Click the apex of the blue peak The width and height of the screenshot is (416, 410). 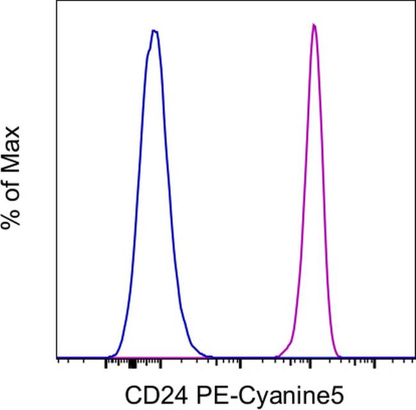[154, 30]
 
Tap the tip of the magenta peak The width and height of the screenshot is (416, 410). [314, 25]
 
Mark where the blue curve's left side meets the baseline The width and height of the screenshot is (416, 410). [109, 356]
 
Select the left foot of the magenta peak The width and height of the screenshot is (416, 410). [276, 356]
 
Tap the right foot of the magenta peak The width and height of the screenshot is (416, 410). [341, 356]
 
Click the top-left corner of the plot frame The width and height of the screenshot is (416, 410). [57, 2]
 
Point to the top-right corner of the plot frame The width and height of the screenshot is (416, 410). [414, 2]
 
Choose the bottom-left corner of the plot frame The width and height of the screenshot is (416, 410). [57, 358]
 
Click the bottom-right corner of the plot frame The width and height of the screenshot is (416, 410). [414, 358]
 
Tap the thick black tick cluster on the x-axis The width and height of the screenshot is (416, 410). [131, 364]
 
